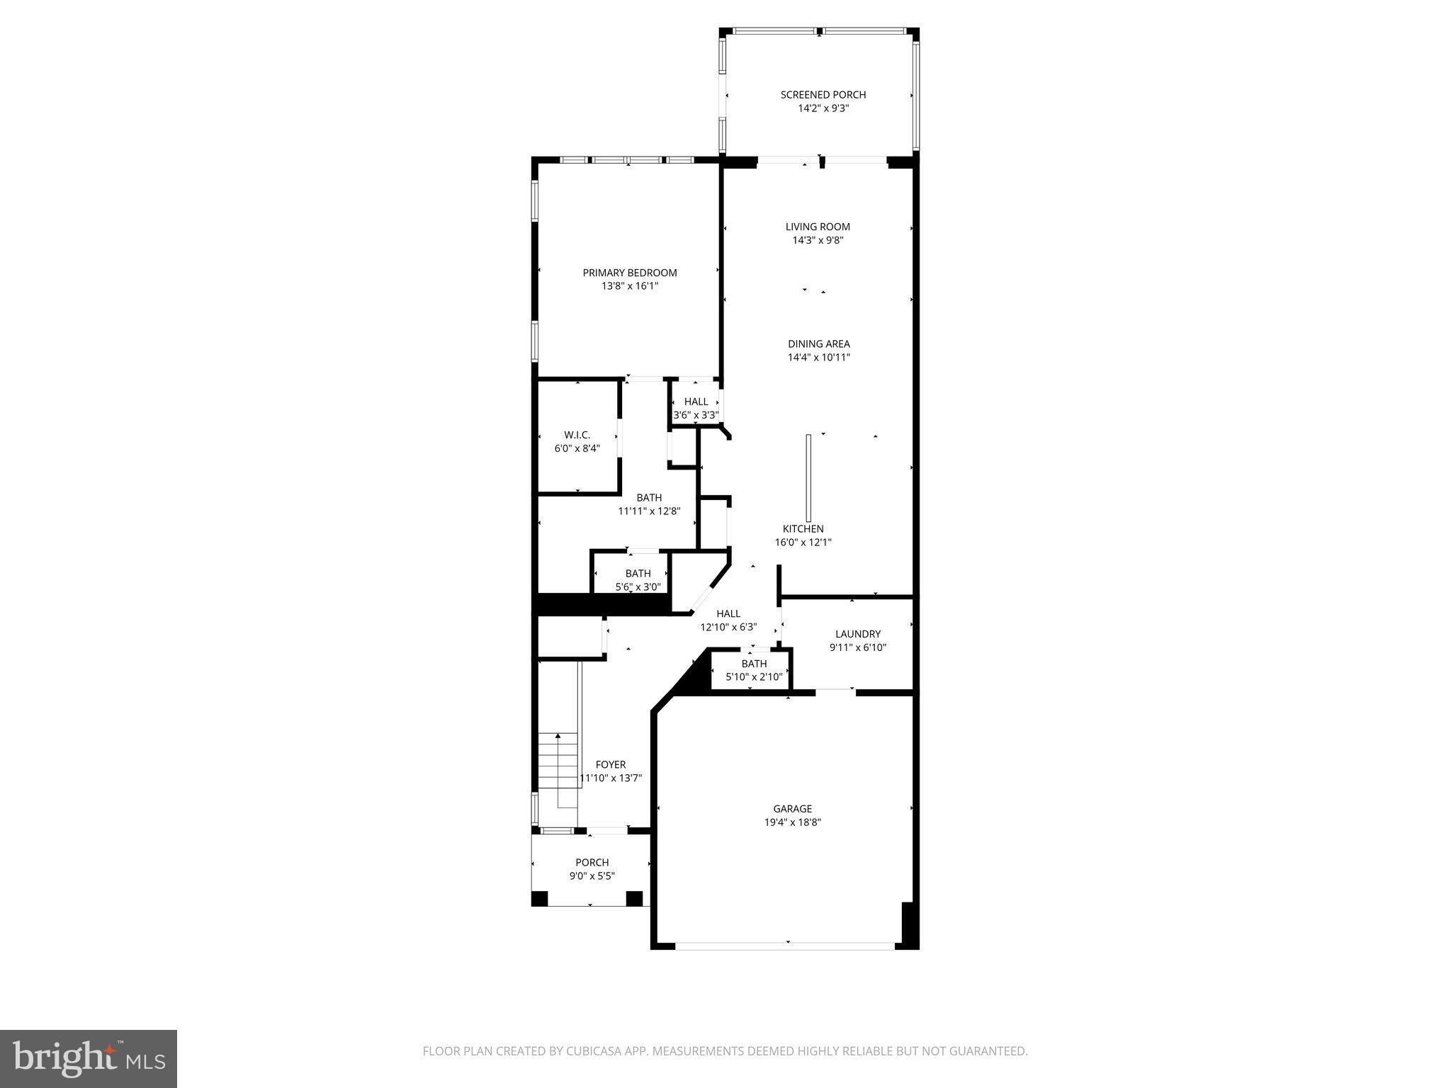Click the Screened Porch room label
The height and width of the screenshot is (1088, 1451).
823,95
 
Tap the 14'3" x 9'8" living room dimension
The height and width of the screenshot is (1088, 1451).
818,240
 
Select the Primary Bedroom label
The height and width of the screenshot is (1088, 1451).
630,273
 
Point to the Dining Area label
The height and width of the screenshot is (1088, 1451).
818,344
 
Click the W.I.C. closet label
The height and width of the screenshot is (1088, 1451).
577,435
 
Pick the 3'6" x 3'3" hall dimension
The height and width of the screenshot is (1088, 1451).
696,415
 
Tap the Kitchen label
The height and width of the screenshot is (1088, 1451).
803,529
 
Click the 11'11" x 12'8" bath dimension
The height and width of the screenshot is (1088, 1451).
649,511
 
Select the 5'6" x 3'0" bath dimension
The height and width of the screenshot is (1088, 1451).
638,586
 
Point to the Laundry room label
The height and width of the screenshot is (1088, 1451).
857,634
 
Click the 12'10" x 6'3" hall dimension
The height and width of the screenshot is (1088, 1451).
728,627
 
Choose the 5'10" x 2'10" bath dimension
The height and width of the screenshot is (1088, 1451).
754,677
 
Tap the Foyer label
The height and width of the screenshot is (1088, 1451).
610,765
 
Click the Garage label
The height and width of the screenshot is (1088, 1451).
792,809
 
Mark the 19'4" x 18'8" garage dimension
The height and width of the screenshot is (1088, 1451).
792,822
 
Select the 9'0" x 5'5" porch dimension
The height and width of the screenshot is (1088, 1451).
592,876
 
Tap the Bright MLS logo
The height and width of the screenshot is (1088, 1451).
89,1058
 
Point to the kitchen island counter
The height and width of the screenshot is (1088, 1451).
808,478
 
